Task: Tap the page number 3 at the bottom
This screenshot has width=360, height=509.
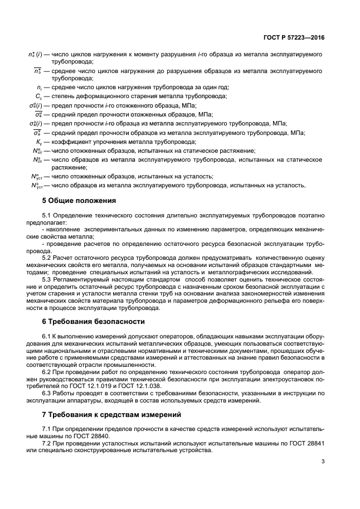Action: [x=323, y=460]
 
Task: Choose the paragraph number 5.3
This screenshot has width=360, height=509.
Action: [x=47, y=279]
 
